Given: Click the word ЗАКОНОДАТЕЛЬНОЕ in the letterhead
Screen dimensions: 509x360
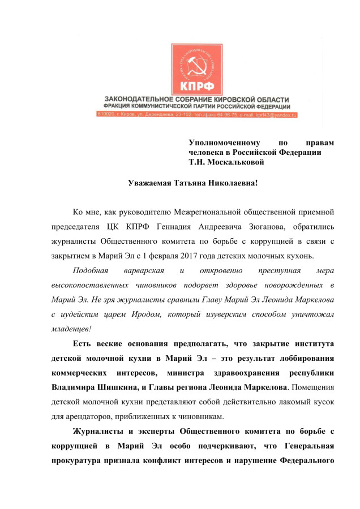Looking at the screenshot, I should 134,100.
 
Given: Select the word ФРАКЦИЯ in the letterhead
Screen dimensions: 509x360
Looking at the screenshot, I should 116,106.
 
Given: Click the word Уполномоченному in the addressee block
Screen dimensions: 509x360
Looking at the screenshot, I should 224,143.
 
